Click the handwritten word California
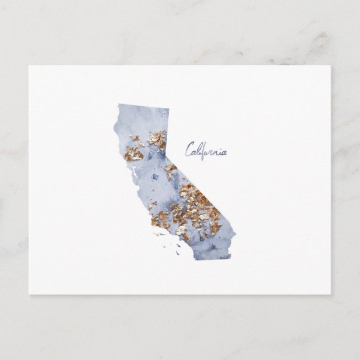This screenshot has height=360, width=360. point(207,150)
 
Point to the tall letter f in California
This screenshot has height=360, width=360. point(205,149)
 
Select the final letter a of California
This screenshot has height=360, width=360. point(225,152)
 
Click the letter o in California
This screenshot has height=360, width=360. point(210,152)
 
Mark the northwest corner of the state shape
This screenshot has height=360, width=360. point(118,103)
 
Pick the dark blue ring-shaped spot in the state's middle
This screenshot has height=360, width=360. point(155,177)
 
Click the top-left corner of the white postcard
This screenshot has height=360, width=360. point(29,65)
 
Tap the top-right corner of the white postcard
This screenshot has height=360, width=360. point(330,65)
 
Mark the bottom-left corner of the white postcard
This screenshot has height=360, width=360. point(29,294)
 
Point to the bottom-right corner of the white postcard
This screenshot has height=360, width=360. point(330,294)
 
